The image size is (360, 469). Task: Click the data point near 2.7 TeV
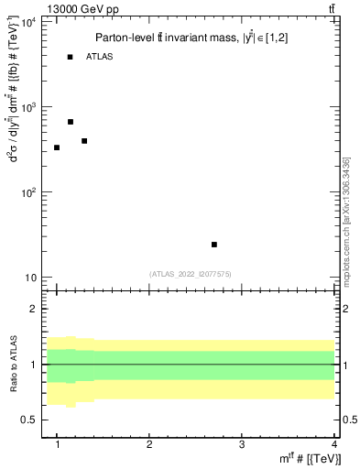tap(214, 245)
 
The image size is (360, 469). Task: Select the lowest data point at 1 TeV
tap(57, 147)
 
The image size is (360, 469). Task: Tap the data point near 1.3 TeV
tap(84, 141)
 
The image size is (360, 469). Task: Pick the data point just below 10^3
tap(71, 122)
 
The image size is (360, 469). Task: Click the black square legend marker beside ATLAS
tap(71, 57)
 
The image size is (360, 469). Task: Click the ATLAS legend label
tap(100, 57)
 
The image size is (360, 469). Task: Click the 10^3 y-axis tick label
tap(28, 107)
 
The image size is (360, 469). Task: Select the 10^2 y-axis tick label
tap(28, 192)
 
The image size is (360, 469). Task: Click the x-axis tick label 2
tap(150, 443)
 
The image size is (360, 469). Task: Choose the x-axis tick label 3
tap(242, 443)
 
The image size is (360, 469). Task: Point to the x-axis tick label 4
tap(334, 443)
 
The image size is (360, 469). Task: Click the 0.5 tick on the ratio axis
tap(30, 420)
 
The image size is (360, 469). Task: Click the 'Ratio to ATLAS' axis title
tap(12, 364)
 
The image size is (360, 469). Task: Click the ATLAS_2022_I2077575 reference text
tap(191, 273)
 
